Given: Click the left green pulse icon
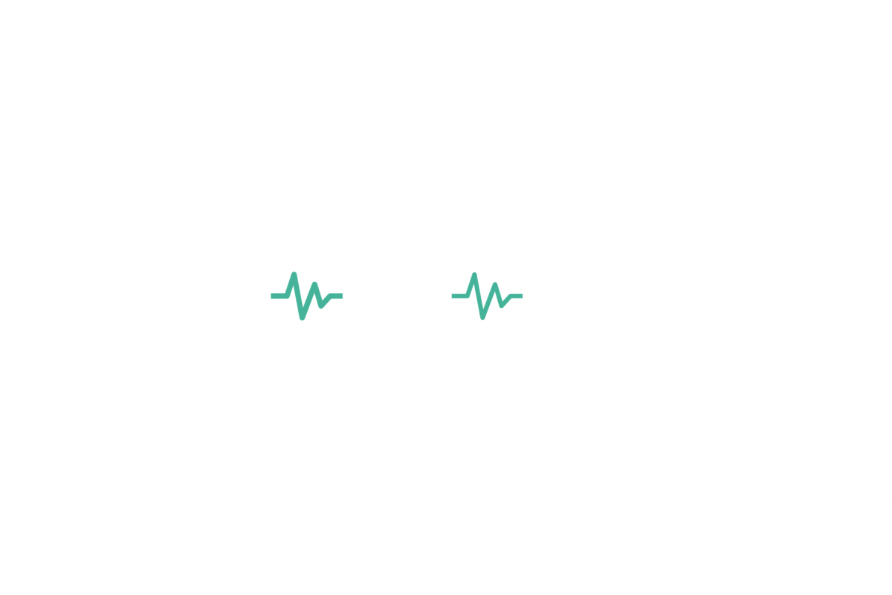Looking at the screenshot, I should click(x=306, y=296).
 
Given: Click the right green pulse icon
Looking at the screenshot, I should click(x=487, y=296).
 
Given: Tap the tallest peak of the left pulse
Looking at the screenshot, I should click(x=294, y=275).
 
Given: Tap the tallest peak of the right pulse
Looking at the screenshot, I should click(x=474, y=275).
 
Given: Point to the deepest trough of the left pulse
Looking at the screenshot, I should click(x=302, y=317).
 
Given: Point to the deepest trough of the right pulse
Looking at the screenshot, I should click(x=482, y=317).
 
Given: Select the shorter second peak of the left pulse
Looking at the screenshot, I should click(x=315, y=285).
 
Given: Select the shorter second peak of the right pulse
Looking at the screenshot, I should click(x=495, y=285).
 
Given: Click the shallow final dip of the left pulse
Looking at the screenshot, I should click(x=321, y=305).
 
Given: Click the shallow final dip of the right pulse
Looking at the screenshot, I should click(x=502, y=305).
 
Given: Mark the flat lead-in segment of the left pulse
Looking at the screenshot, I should click(x=279, y=296).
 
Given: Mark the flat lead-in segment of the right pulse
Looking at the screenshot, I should click(x=460, y=296).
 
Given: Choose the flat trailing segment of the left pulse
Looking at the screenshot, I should click(x=335, y=296).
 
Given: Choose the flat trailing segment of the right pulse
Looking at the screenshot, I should click(x=515, y=296).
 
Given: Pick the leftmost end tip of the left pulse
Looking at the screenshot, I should click(x=272, y=296).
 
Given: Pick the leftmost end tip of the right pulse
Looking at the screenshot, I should click(x=453, y=296).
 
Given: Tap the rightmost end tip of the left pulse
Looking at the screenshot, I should click(x=341, y=296).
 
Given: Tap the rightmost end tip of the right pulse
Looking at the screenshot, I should click(x=521, y=296).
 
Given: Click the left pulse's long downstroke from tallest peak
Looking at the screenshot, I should click(x=298, y=296).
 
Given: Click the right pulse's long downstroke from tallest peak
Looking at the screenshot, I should click(x=479, y=296).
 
